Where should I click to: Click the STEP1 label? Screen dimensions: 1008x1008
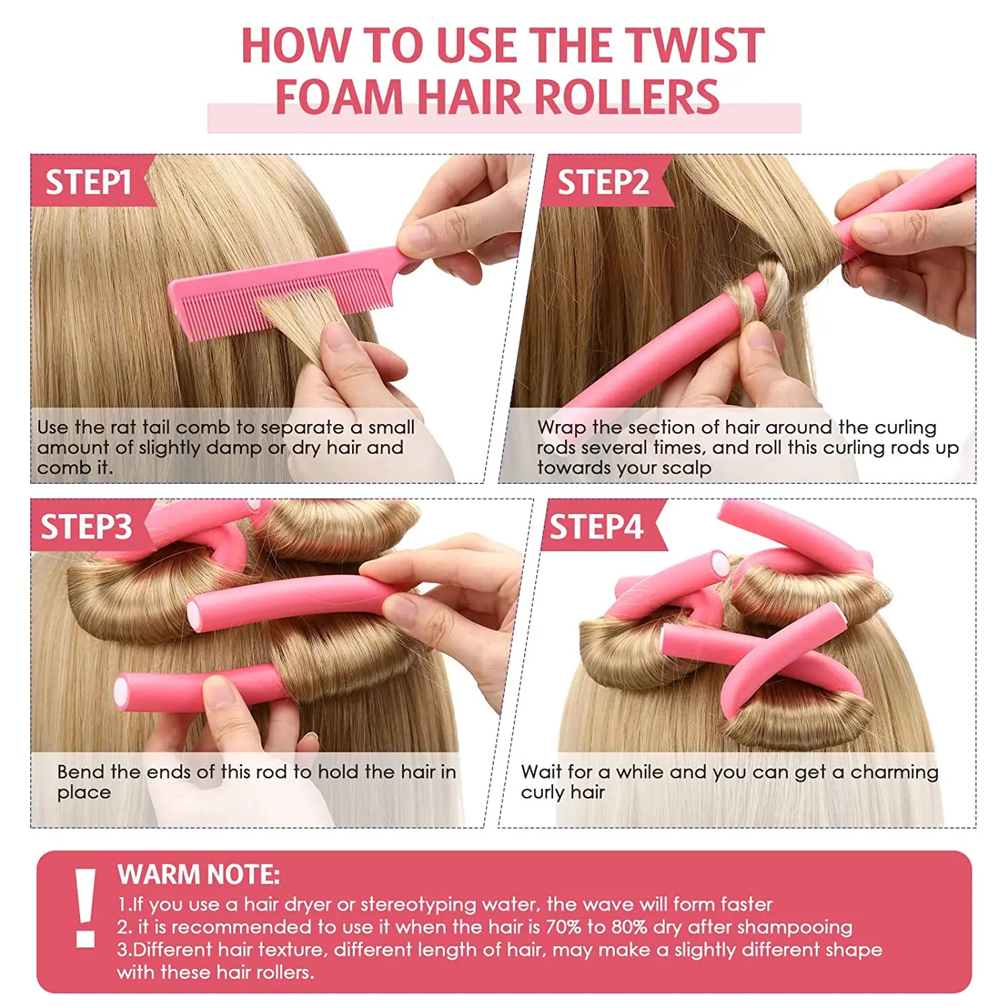tap(88, 182)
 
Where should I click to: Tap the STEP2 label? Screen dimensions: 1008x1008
tap(603, 182)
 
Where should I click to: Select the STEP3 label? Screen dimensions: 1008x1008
tap(86, 527)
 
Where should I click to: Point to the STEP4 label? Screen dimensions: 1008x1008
tap(596, 527)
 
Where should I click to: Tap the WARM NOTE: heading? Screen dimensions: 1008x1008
tap(198, 874)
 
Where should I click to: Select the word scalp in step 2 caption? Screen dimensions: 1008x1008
tap(686, 468)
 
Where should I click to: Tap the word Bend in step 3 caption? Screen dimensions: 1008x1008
tap(80, 771)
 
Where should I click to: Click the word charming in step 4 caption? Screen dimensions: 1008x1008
tap(894, 772)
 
